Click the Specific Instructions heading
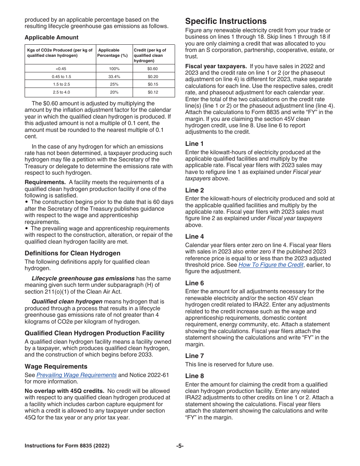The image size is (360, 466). [226, 21]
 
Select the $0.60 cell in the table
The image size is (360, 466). [153, 69]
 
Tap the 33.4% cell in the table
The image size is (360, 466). [114, 77]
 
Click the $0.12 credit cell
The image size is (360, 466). [153, 92]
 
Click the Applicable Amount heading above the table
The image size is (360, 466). [52, 38]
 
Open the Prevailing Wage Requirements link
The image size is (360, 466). [76, 375]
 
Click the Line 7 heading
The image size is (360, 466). [194, 356]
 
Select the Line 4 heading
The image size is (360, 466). [194, 236]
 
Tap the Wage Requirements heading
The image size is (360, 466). [56, 366]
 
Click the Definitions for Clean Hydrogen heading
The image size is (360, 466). [72, 253]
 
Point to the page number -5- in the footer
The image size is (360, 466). [180, 446]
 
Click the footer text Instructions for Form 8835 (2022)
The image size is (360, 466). [67, 446]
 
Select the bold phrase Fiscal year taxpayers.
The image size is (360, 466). [216, 66]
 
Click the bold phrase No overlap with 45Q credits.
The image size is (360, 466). [64, 391]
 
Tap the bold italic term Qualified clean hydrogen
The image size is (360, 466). [67, 302]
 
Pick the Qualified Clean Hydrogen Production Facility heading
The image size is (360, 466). [94, 333]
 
